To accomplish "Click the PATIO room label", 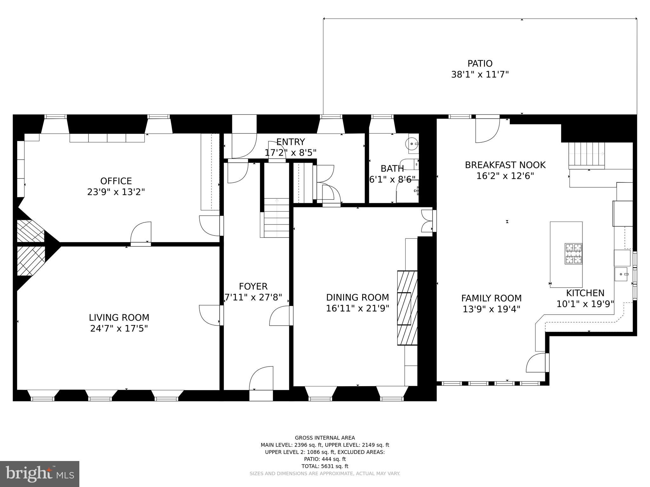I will point(480,64).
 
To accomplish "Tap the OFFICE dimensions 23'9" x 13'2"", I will point(116,192).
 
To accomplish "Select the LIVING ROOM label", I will point(119,317).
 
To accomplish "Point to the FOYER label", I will point(253,286).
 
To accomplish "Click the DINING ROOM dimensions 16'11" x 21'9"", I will point(357,308).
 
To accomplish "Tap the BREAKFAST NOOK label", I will point(505,165).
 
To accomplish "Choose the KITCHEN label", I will point(585,293).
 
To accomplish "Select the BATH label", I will point(392,168).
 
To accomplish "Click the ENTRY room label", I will point(290,142).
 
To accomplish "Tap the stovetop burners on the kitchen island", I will point(573,254).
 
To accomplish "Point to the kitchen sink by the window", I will point(621,274).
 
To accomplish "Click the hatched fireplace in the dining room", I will point(407,308).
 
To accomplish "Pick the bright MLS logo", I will point(40,474).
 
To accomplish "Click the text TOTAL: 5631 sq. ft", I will point(325,466).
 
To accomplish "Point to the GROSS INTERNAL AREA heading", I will point(325,438).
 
